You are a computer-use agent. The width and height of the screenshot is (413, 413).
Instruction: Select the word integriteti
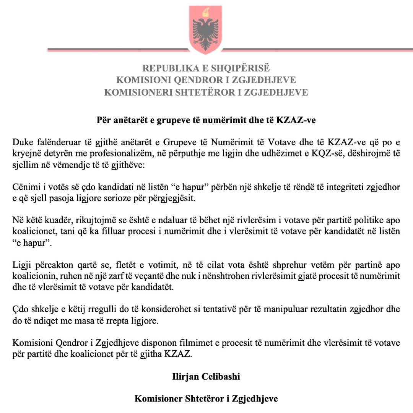tap(338, 187)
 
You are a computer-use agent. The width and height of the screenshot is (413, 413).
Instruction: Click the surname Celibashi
tap(223, 376)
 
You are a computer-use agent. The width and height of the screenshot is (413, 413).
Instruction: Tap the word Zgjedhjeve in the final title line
tap(259, 398)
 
